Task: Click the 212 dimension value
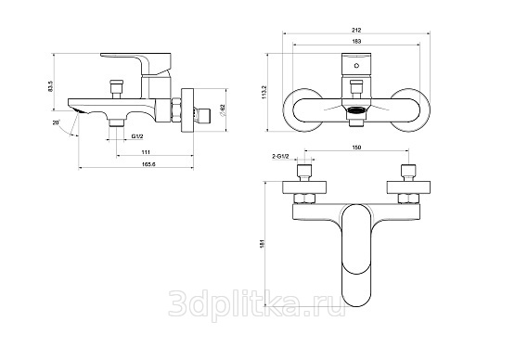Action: point(356,30)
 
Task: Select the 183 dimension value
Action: point(356,41)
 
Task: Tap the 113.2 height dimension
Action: point(264,92)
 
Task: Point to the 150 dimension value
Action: point(356,148)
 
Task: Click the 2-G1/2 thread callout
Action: point(280,157)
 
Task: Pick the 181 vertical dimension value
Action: point(262,243)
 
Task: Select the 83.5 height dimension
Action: point(50,86)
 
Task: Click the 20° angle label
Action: point(56,122)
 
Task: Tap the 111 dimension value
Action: point(146,152)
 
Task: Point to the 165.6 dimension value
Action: point(148,164)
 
